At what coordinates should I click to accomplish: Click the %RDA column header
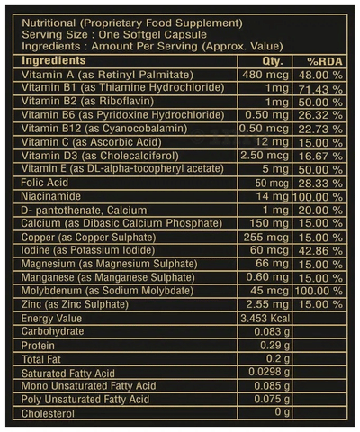coord(324,61)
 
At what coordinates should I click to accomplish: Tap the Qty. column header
coord(273,61)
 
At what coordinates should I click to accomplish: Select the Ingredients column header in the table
coord(54,60)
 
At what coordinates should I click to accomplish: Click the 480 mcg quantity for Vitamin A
coord(265,75)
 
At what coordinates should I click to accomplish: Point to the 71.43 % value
coord(320,89)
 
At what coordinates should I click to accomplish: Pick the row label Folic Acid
coord(45,183)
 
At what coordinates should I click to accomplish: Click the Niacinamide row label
coord(51,196)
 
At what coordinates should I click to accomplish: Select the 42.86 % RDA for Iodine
coord(320,251)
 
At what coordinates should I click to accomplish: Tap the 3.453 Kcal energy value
coord(265,319)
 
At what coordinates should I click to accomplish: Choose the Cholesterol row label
coord(48,414)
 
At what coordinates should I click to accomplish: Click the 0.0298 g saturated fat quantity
coord(269,372)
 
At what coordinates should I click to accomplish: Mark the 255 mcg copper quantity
coord(266,238)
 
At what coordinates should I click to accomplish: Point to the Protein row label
coord(38,346)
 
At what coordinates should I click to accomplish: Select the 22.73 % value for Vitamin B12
coord(320,130)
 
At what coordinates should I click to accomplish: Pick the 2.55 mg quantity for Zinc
coord(267,304)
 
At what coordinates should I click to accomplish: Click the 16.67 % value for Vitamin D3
coord(320,157)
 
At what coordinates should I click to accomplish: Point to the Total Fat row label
coord(41,359)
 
